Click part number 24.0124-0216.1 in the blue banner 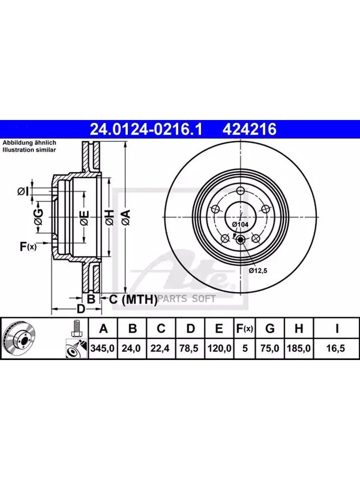[146, 129]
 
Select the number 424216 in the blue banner [250, 129]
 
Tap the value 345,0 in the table [102, 348]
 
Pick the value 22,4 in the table [160, 348]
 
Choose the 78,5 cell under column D [189, 348]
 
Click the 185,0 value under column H [298, 348]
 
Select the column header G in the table [270, 329]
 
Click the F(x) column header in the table [244, 329]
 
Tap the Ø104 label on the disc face [240, 224]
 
